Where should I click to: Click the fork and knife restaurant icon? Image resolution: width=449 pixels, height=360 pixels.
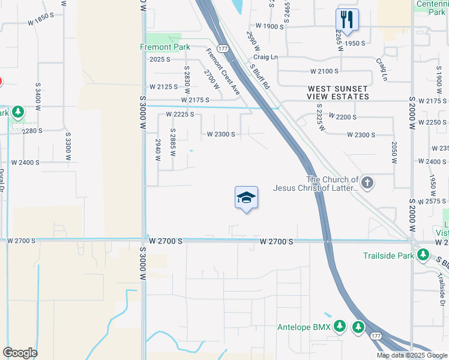[347, 19]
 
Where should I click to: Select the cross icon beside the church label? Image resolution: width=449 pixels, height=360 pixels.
[367, 182]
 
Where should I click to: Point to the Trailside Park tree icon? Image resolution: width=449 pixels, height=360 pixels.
[423, 256]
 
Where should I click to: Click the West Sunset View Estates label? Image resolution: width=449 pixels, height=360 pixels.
[338, 92]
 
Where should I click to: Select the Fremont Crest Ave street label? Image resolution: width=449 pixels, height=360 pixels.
[223, 71]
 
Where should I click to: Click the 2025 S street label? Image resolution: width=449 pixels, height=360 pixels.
[160, 59]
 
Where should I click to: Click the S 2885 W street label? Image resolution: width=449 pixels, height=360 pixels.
[173, 142]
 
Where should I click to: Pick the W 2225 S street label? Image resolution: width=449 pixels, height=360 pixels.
[179, 114]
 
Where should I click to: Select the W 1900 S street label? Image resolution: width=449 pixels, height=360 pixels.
[269, 26]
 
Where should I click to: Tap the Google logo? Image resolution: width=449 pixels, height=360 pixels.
[20, 353]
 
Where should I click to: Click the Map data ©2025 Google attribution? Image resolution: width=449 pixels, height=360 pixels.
[411, 355]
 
